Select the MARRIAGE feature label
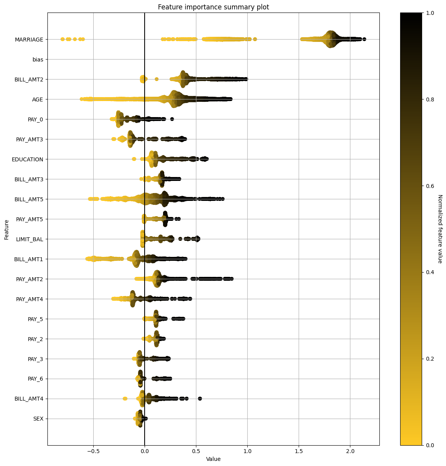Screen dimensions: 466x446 click(29, 40)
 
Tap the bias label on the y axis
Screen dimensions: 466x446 click(38, 60)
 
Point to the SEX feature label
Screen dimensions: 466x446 click(38, 419)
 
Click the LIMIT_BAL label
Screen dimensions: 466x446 click(29, 239)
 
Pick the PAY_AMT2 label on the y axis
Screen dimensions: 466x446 click(29, 279)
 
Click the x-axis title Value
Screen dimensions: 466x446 click(213, 459)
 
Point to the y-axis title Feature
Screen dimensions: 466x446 click(7, 229)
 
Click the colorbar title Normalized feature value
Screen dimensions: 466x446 click(439, 229)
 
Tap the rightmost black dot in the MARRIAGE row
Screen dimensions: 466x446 click(364, 39)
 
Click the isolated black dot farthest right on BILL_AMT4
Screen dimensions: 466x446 click(200, 399)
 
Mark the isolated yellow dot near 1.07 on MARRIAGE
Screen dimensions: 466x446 click(255, 39)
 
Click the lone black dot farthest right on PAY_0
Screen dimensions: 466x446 click(172, 119)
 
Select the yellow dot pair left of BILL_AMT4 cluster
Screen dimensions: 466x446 click(125, 399)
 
